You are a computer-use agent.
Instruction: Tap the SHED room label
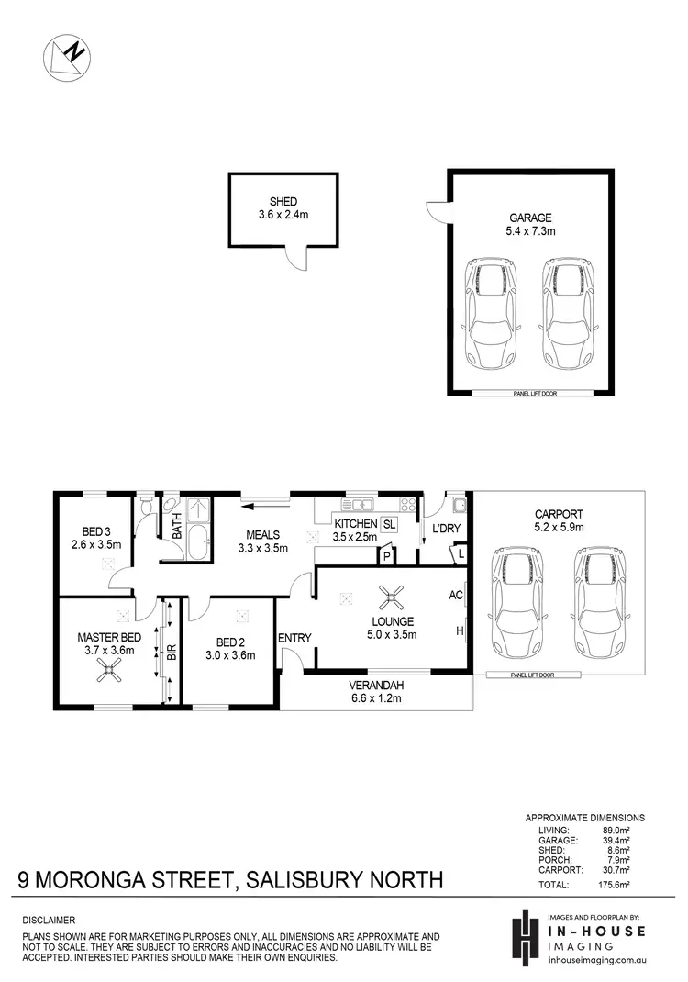pos(283,202)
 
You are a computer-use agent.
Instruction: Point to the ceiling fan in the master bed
pos(110,673)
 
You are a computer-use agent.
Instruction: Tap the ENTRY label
pos(294,639)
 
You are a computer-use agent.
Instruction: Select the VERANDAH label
pos(377,685)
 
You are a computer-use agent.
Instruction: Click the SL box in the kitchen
pos(389,525)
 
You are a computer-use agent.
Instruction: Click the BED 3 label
pos(96,531)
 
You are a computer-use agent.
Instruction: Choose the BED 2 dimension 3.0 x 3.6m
pos(230,655)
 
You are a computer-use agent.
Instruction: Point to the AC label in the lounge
pos(456,595)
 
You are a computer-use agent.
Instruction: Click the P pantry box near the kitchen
pos(387,556)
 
